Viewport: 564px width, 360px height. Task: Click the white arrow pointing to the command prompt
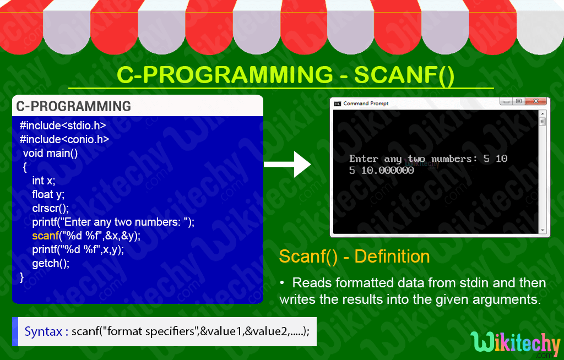[x=289, y=164]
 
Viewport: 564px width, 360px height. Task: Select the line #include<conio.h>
[x=64, y=139]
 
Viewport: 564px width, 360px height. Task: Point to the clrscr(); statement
[x=50, y=208]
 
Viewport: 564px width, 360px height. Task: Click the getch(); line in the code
[x=51, y=263]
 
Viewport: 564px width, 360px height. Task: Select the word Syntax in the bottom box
[x=43, y=332]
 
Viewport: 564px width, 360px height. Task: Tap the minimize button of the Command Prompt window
[x=506, y=101]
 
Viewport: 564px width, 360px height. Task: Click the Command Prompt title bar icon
[x=337, y=103]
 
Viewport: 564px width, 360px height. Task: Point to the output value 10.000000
[x=388, y=171]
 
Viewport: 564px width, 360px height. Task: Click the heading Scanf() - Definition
[x=354, y=257]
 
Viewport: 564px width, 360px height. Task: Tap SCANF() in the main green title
[x=404, y=75]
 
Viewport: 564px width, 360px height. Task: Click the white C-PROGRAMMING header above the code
[x=74, y=106]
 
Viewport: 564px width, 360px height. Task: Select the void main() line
[x=50, y=153]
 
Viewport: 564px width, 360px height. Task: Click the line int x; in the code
[x=44, y=181]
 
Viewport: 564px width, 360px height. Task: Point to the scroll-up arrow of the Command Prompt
[x=542, y=114]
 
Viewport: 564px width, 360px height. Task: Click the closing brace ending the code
[x=22, y=277]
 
